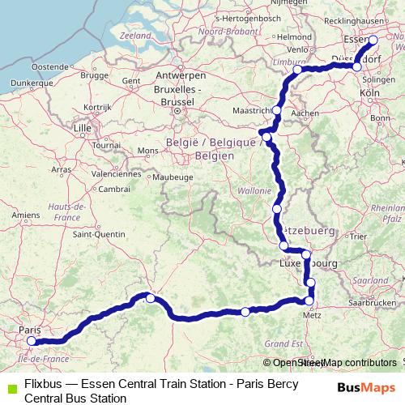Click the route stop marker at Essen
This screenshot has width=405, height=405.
[373, 40]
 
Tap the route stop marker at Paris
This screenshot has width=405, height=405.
[32, 341]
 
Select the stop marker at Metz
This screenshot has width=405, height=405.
[309, 301]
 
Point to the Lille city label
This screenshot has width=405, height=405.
[82, 128]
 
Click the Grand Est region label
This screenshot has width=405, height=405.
[283, 343]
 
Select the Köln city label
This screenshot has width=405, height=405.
[369, 94]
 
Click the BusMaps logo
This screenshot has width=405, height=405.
[367, 387]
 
